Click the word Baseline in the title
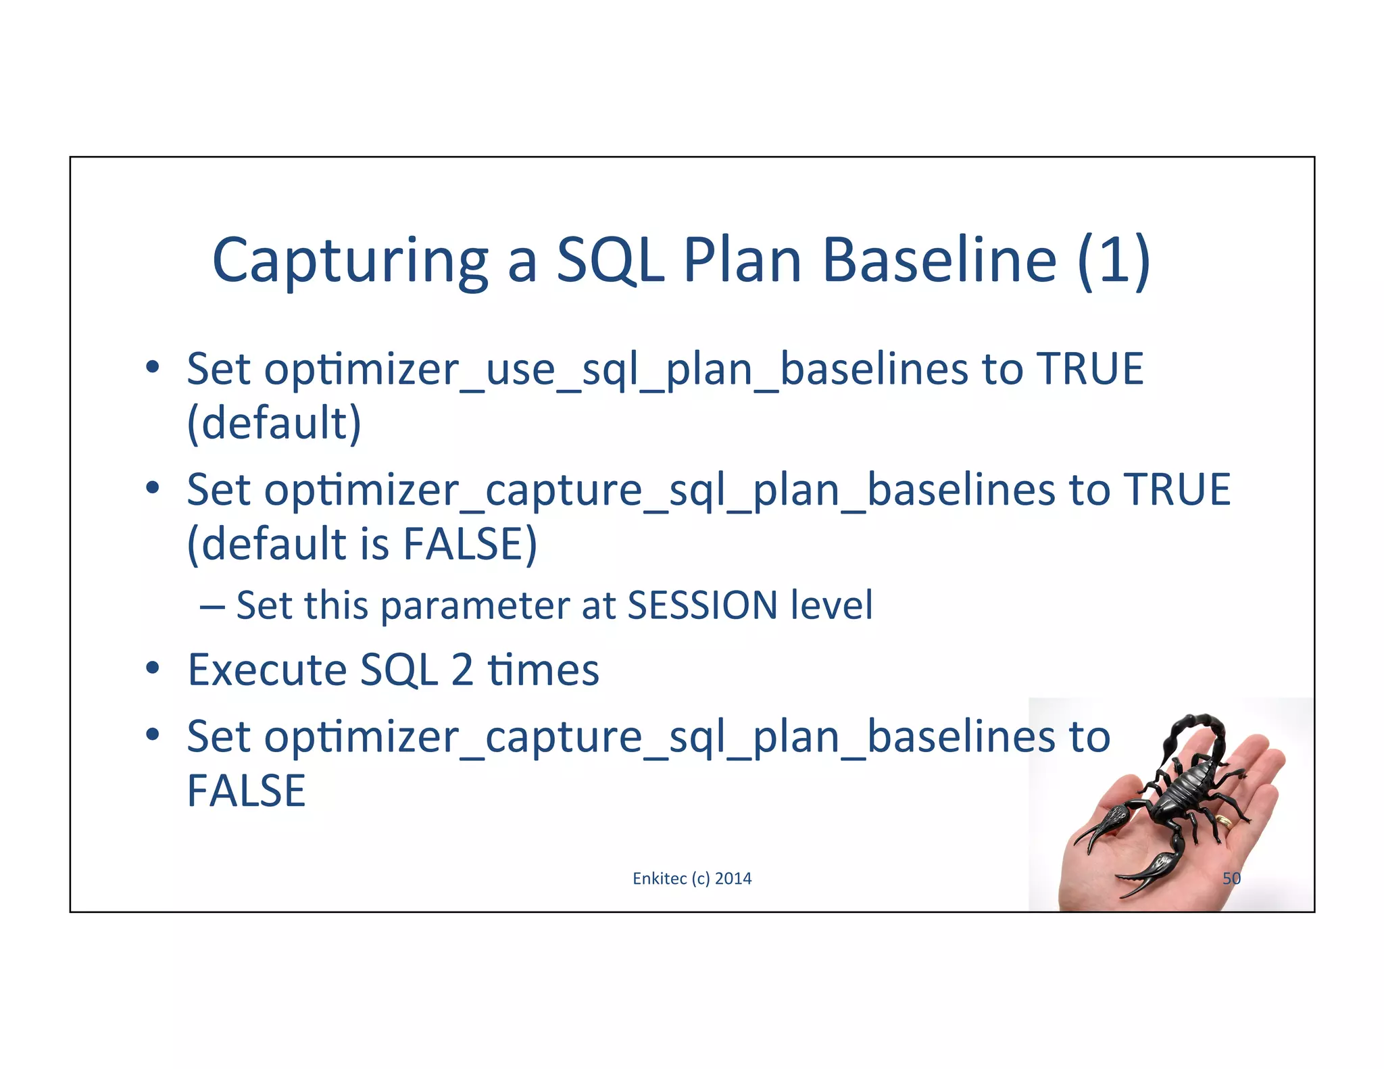click(939, 261)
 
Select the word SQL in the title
click(610, 261)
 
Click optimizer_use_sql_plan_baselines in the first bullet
click(509, 370)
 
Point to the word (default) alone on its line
click(274, 424)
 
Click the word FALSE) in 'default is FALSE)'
click(470, 544)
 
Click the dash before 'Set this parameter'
click(212, 606)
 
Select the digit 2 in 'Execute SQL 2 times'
click(462, 670)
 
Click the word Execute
click(267, 670)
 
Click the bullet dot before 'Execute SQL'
click(153, 668)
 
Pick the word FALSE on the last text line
click(246, 791)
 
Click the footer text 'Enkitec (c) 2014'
click(692, 878)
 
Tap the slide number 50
click(1231, 878)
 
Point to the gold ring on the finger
click(1224, 821)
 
